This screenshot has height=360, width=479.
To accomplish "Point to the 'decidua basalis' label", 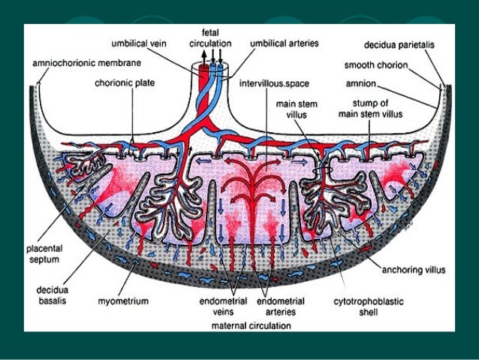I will coord(53,292).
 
